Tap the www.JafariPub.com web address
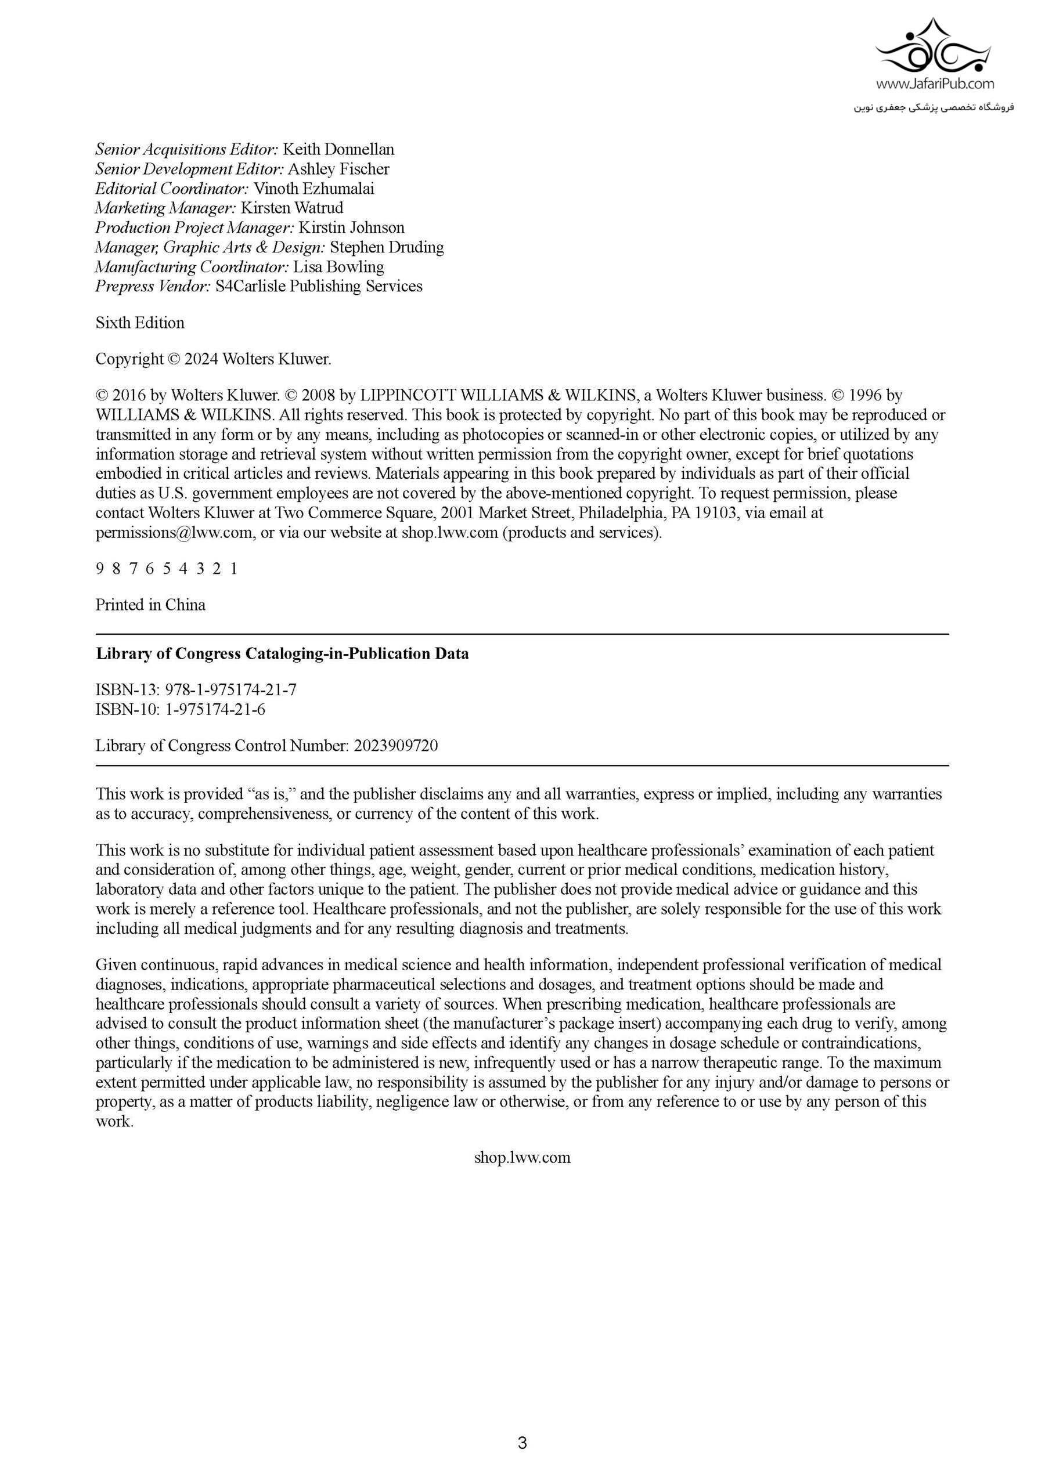point(934,84)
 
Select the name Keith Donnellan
point(338,149)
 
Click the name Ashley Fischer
point(338,169)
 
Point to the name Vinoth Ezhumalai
point(313,189)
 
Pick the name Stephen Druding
point(387,247)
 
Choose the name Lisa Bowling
point(338,266)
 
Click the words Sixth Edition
point(140,323)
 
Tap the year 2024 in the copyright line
point(201,359)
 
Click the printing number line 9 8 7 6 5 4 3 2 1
point(167,569)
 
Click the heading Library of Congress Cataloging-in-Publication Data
point(282,654)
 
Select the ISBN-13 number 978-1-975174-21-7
point(230,690)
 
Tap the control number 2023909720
point(395,746)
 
